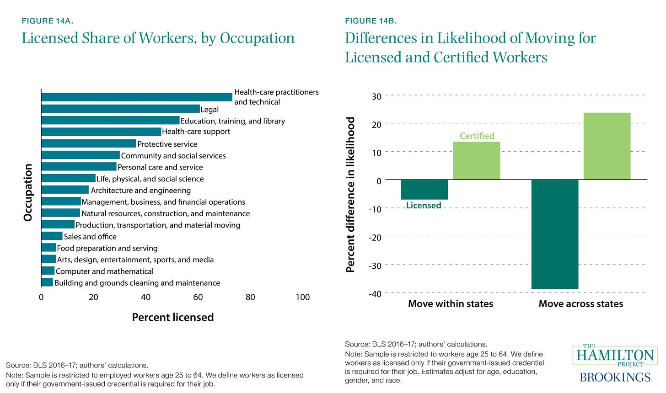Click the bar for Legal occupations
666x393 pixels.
(x=120, y=109)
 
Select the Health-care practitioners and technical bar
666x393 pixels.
(x=137, y=97)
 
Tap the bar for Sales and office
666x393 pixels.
(x=52, y=236)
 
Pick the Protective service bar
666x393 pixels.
(x=89, y=143)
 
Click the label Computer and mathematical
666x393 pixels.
(x=104, y=271)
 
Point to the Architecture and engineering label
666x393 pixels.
(x=141, y=191)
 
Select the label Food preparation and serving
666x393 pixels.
(x=107, y=248)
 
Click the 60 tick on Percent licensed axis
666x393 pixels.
(x=198, y=297)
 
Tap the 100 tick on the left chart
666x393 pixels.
(x=302, y=297)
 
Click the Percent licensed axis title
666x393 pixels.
(x=172, y=317)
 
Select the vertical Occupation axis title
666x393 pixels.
(x=28, y=192)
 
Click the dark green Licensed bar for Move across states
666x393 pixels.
(x=555, y=234)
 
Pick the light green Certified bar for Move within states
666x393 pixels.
(x=476, y=160)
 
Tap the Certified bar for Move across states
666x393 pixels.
(x=607, y=146)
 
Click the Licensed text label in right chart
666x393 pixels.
(x=424, y=206)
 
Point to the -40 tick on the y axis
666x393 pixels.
(x=375, y=293)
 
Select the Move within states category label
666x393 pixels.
(x=451, y=304)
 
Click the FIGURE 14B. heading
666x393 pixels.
(x=371, y=21)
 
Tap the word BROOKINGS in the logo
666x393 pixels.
(x=615, y=377)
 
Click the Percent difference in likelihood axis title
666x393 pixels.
(x=351, y=195)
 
